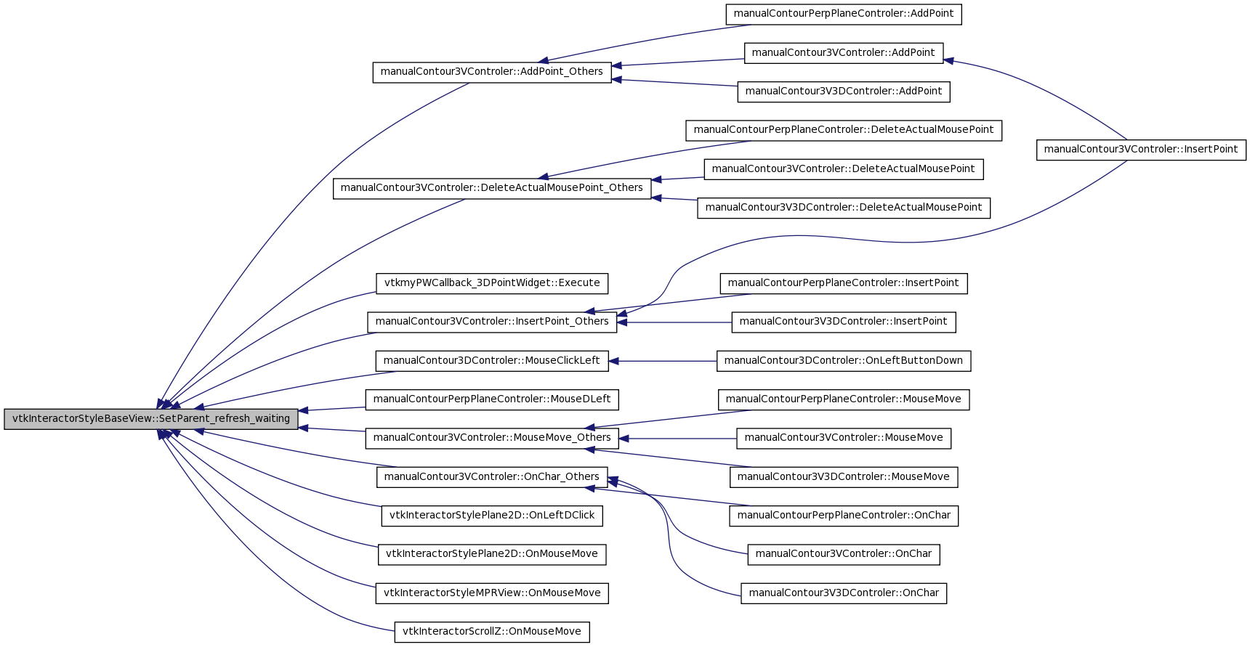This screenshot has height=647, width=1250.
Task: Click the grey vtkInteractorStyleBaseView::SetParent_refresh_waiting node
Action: pos(151,419)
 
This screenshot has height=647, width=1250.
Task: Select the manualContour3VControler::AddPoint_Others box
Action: pos(492,72)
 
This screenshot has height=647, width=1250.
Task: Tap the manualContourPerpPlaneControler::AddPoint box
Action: pos(844,14)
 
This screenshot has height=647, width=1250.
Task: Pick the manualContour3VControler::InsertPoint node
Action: pos(1141,150)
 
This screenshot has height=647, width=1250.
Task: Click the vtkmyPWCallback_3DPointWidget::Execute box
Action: pos(492,283)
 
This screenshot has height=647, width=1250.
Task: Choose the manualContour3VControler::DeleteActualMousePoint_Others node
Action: pos(492,188)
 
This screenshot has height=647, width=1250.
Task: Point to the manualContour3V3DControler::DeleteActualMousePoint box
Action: pos(844,208)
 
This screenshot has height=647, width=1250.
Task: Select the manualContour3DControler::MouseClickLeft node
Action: pos(492,361)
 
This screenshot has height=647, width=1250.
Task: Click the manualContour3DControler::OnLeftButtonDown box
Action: pos(844,361)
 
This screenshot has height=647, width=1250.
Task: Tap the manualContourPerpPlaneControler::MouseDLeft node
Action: pos(492,399)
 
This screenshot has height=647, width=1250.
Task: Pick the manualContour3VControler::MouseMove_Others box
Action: pos(492,438)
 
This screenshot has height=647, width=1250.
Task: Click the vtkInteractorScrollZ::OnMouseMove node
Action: pos(492,632)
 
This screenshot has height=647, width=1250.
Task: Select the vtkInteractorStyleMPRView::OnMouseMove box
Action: pos(492,593)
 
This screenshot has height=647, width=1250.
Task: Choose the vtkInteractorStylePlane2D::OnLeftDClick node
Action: pos(492,516)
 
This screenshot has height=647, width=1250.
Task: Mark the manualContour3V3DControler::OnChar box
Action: pos(844,593)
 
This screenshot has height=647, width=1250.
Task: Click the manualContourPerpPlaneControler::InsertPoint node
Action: pos(844,283)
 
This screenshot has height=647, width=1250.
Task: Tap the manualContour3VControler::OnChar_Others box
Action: pos(492,477)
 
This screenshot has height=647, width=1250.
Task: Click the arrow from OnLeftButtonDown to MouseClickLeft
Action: pos(663,361)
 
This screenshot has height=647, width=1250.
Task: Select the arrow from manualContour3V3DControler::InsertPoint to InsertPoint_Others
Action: pos(674,322)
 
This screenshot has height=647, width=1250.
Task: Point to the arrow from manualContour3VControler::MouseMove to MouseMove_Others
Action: pos(678,439)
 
